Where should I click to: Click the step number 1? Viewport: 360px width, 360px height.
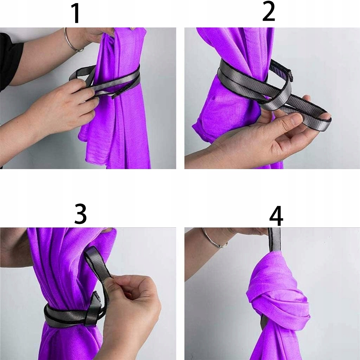(76, 13)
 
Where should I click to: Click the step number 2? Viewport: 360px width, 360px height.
(269, 12)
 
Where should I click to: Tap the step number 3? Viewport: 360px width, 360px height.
(81, 214)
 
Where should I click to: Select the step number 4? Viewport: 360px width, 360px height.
(276, 216)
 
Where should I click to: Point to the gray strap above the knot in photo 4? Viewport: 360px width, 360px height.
(275, 239)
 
